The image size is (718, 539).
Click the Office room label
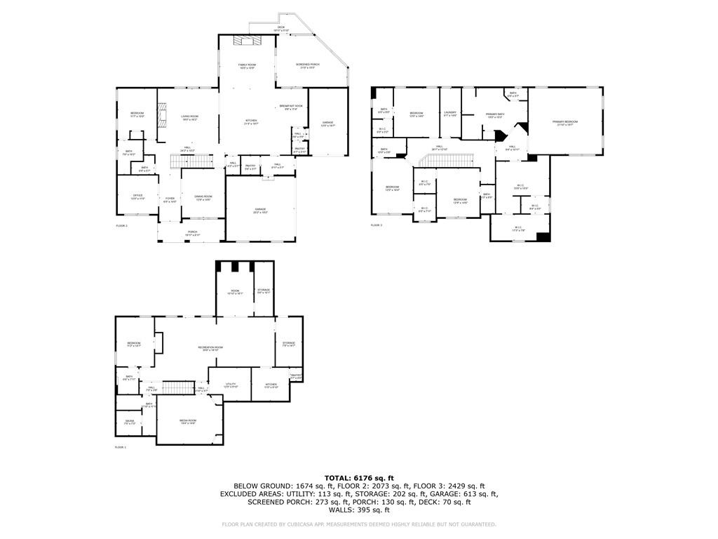(x=137, y=197)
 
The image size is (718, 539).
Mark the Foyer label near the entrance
(x=170, y=200)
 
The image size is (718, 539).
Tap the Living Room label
(x=189, y=118)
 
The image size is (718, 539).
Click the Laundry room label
(x=449, y=114)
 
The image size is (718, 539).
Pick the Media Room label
(x=187, y=421)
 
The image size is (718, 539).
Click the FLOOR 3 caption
(x=377, y=225)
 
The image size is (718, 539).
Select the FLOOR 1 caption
(x=121, y=447)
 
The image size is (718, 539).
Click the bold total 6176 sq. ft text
(x=359, y=477)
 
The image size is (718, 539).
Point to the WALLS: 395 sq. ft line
(x=359, y=510)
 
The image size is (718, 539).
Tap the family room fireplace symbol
(x=246, y=41)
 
